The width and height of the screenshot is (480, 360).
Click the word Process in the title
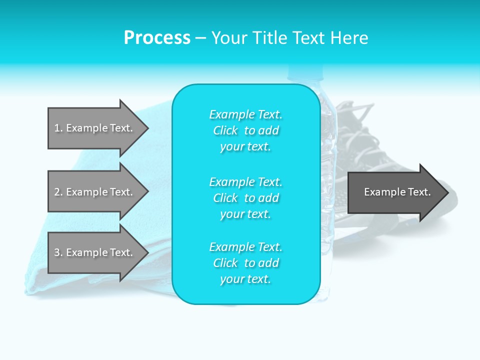pyautogui.click(x=157, y=37)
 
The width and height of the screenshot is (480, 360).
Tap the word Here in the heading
pyautogui.click(x=349, y=37)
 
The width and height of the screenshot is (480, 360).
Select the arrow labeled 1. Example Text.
pyautogui.click(x=98, y=128)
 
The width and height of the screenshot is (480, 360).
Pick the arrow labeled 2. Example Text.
pyautogui.click(x=98, y=191)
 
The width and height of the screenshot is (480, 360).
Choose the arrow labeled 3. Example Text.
pyautogui.click(x=98, y=252)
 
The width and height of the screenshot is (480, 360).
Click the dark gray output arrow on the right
pyautogui.click(x=398, y=192)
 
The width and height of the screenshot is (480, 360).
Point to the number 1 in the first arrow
pyautogui.click(x=57, y=128)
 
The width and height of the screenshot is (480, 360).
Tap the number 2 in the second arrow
pyautogui.click(x=57, y=192)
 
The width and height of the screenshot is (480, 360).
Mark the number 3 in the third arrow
pyautogui.click(x=57, y=252)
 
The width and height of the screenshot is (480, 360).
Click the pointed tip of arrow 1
pyautogui.click(x=149, y=128)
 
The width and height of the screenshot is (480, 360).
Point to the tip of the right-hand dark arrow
pyautogui.click(x=449, y=192)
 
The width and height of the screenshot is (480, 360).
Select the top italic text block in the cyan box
pyautogui.click(x=246, y=130)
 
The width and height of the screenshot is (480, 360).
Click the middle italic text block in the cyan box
pyautogui.click(x=246, y=198)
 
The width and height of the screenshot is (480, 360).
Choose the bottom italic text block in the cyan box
pyautogui.click(x=246, y=263)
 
